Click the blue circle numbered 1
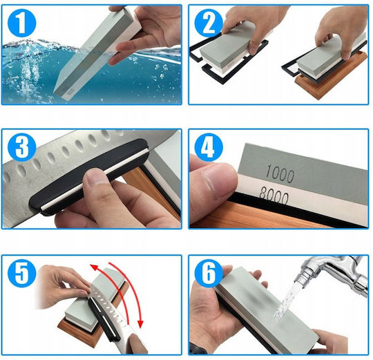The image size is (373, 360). point(21,23)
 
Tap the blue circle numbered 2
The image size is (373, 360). point(209,23)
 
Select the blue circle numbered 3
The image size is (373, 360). point(21,147)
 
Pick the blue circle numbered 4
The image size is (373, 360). point(209,147)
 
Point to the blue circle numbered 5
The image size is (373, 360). point(21,273)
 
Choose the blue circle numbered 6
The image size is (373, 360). point(209,273)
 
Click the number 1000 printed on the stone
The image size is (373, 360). point(280,174)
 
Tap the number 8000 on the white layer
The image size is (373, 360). point(274,196)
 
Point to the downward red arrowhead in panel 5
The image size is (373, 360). point(141,324)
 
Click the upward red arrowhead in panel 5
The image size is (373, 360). point(94,267)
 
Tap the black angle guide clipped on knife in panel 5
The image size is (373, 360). point(104,318)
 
